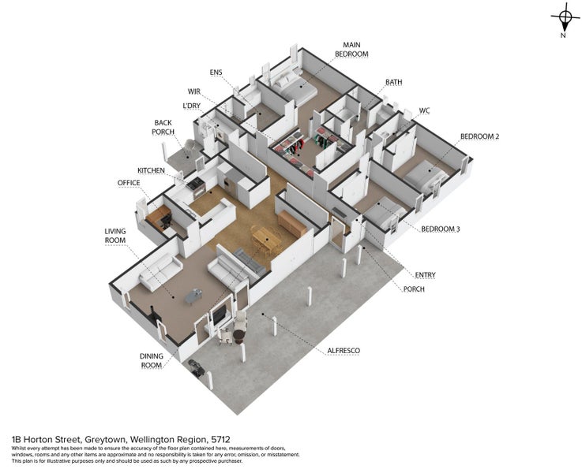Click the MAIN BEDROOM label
coord(351,49)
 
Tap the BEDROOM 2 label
coord(479,136)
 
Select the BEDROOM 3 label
coord(440,229)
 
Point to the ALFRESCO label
coord(344,350)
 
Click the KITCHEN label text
coord(151,170)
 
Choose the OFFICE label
coord(129,183)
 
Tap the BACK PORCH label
coord(163,127)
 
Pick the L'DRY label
coord(192,106)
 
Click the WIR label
coord(194,91)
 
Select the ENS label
coord(216,72)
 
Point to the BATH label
coord(394,82)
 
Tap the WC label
coord(424,110)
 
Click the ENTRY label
coord(425,275)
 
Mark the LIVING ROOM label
coord(115,236)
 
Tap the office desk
coord(159,216)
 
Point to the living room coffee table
coord(193,296)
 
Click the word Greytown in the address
coord(106,440)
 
